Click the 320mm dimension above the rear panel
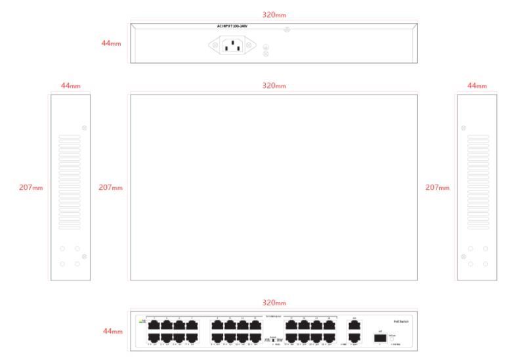click(274, 14)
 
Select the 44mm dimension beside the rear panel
click(110, 43)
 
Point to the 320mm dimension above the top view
click(274, 86)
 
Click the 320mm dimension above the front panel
click(274, 304)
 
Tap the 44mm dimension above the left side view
click(70, 86)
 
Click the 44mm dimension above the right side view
click(476, 86)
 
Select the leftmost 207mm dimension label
click(30, 188)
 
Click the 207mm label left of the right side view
click(437, 188)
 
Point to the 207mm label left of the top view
click(110, 188)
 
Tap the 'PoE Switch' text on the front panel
click(402, 321)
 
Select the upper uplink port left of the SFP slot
click(354, 325)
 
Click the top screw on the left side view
click(84, 127)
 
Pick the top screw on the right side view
click(464, 127)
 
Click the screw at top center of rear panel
click(286, 30)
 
